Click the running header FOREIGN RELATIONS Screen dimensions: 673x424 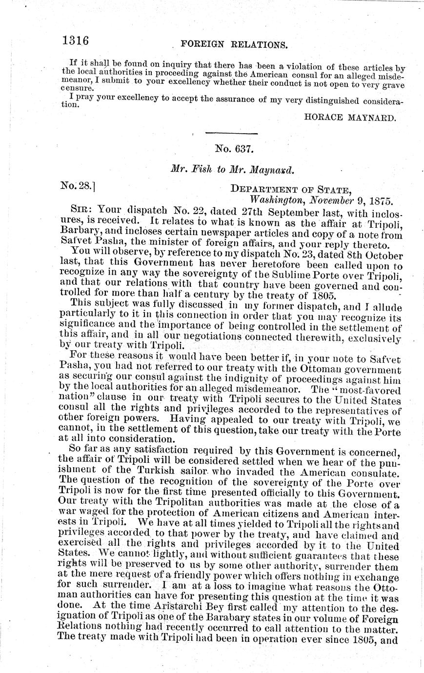tap(234, 44)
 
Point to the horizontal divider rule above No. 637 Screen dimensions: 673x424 tap(231, 133)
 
